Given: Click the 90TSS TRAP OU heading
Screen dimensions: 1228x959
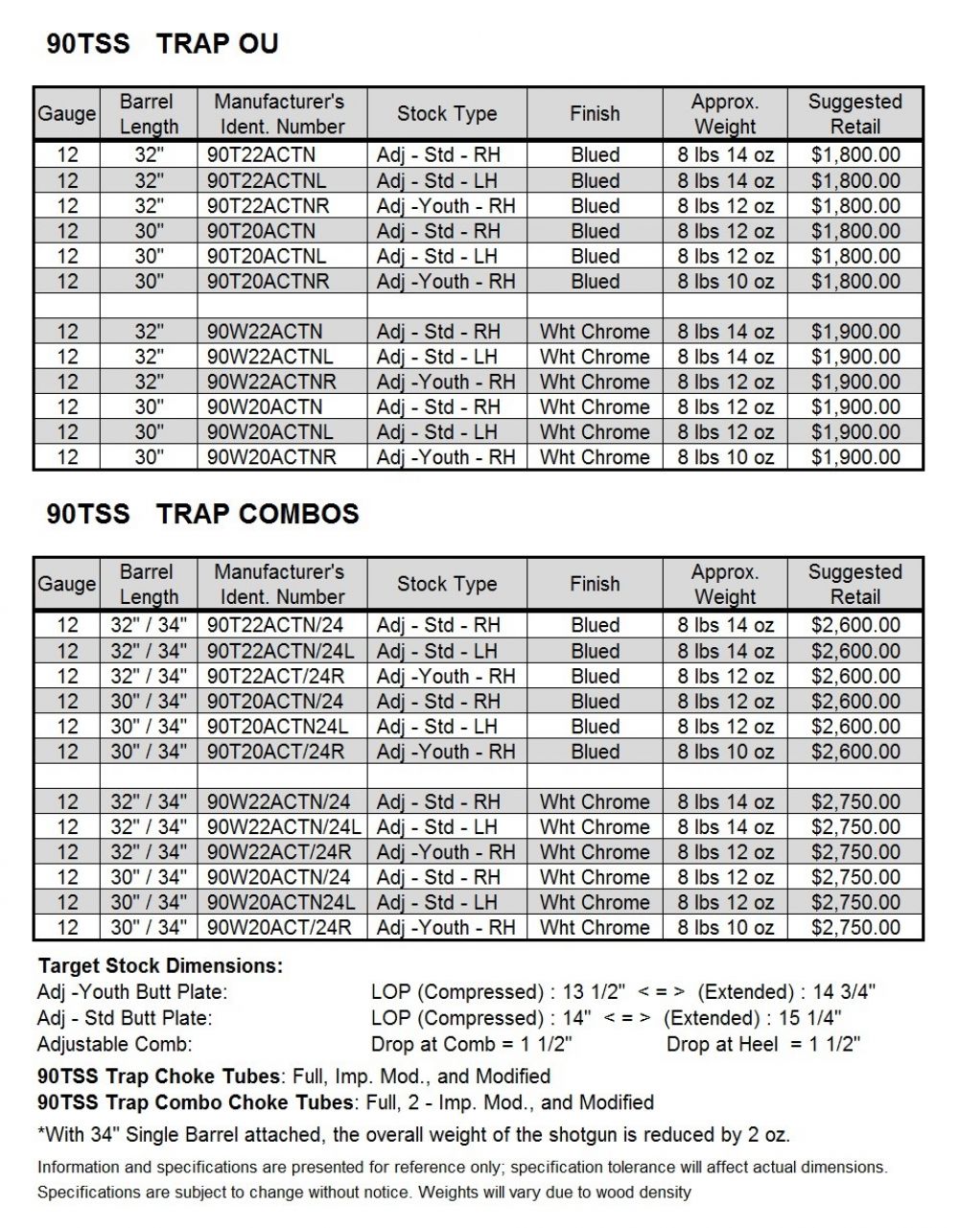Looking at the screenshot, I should pyautogui.click(x=162, y=43).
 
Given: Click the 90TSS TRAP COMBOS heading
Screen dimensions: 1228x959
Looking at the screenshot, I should pyautogui.click(x=202, y=513).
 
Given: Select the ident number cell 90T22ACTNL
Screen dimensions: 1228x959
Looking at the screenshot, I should pyautogui.click(x=266, y=180).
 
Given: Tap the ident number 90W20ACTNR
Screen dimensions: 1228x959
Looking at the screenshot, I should pyautogui.click(x=271, y=457).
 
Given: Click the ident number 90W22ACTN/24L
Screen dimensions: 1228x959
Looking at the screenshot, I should pyautogui.click(x=284, y=826).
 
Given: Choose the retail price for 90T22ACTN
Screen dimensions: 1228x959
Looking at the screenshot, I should pyautogui.click(x=854, y=155).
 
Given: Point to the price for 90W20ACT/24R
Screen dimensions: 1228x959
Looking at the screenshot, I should pyautogui.click(x=854, y=927).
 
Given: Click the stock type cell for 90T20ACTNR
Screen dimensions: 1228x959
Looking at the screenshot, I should pyautogui.click(x=446, y=281).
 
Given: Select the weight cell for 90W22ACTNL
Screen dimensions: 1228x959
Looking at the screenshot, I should pyautogui.click(x=725, y=357).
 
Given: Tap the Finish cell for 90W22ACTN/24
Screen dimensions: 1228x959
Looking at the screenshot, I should pyautogui.click(x=595, y=801).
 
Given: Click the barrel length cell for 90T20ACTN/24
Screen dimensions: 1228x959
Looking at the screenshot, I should pyautogui.click(x=149, y=701).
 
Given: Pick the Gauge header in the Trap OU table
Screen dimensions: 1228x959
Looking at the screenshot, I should pyautogui.click(x=66, y=114).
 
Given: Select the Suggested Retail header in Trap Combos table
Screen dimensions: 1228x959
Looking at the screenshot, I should pyautogui.click(x=854, y=584).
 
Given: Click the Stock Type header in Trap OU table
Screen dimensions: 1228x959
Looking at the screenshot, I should pyautogui.click(x=447, y=114).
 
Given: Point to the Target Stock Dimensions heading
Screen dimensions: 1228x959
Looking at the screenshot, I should pyautogui.click(x=160, y=965).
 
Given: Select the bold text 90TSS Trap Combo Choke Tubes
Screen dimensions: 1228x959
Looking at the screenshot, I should pyautogui.click(x=196, y=1102).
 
